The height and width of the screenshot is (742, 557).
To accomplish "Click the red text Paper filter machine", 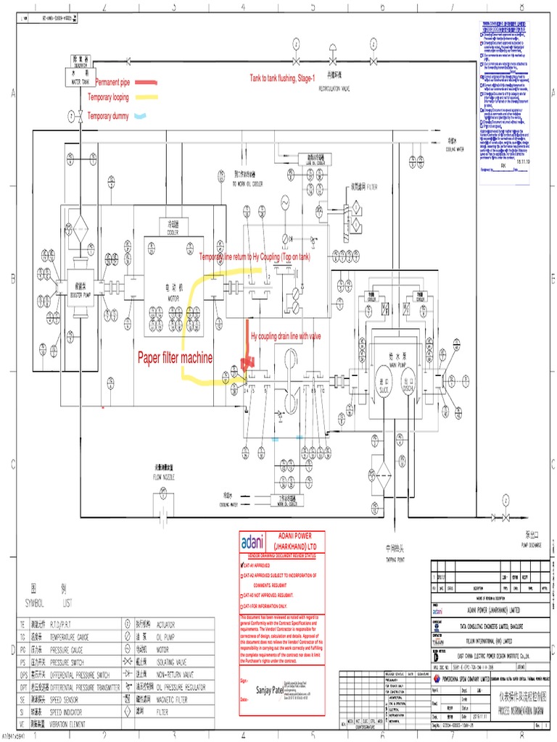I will [x=176, y=357].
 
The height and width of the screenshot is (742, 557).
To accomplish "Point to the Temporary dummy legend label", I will [x=110, y=116].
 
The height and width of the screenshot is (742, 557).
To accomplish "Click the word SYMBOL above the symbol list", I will [x=35, y=602].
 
